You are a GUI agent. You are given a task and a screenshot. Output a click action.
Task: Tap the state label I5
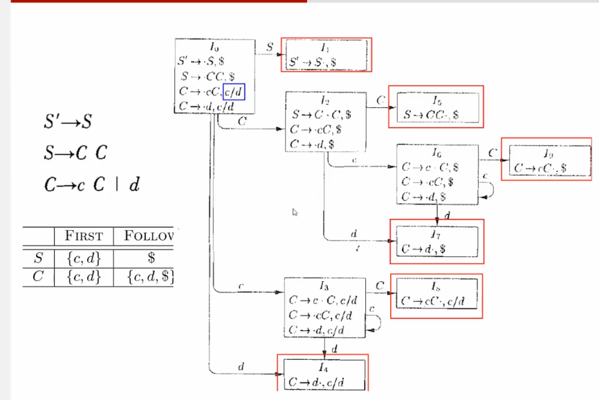pyautogui.click(x=435, y=101)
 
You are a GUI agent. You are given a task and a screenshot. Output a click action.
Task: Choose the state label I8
pyautogui.click(x=434, y=286)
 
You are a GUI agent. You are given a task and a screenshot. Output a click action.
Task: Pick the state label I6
pyautogui.click(x=436, y=152)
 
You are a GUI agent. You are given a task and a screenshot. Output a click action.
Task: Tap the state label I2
pyautogui.click(x=325, y=101)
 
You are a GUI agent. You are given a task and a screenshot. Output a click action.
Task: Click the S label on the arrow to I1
pyautogui.click(x=269, y=46)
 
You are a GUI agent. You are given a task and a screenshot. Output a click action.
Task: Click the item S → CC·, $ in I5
pyautogui.click(x=432, y=115)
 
